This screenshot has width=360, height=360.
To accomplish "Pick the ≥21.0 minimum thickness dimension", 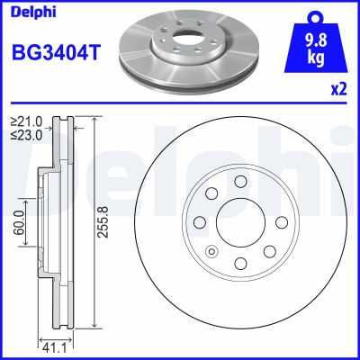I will [x=26, y=122].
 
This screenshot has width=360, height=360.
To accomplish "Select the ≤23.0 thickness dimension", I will [x=26, y=136].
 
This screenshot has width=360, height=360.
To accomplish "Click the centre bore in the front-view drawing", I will [x=240, y=223].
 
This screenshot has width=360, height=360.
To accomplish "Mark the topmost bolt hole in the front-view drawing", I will [x=240, y=183].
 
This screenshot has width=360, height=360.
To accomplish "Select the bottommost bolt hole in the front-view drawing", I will [x=240, y=264].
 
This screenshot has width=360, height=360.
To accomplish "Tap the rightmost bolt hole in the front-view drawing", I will [x=281, y=223].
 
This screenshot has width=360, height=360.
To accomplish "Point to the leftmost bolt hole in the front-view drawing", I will [x=200, y=223].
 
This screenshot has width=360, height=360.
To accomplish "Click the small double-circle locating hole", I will [x=212, y=251].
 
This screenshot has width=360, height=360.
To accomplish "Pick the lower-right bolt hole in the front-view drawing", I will [x=269, y=252].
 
